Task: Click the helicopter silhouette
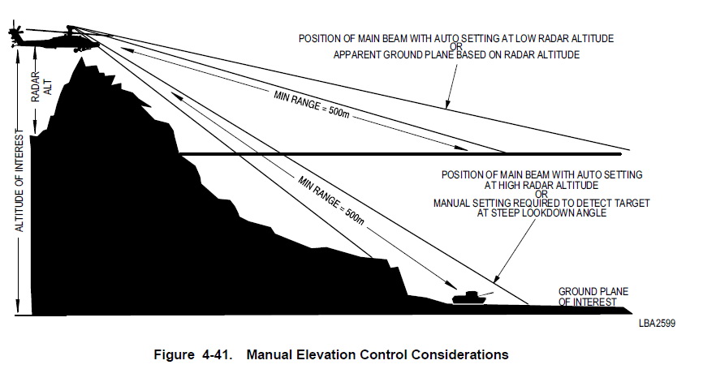(54, 40)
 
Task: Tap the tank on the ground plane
(471, 298)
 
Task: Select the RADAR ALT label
(41, 87)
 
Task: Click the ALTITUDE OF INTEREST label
(19, 180)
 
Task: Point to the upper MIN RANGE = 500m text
(311, 104)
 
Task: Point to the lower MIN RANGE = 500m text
(331, 200)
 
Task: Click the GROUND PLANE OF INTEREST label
(593, 297)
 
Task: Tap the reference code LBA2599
(657, 323)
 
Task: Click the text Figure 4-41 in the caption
(192, 354)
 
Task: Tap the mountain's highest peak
(81, 58)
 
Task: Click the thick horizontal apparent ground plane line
(400, 154)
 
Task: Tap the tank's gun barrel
(486, 294)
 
